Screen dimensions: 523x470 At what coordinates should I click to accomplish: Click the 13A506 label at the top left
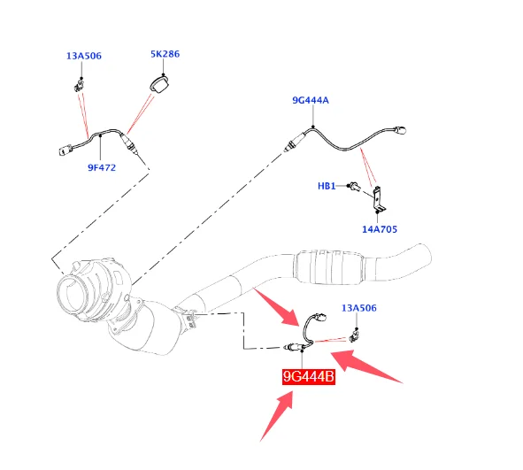click(84, 56)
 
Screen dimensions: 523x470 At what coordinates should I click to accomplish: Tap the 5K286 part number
click(165, 54)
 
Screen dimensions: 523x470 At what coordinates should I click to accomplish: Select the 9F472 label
click(102, 167)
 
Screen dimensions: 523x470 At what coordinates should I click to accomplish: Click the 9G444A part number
click(311, 100)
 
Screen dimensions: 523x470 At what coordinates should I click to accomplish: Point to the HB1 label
click(327, 186)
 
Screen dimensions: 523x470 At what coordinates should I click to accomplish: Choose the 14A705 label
click(380, 229)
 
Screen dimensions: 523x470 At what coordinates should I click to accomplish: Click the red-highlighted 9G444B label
click(309, 377)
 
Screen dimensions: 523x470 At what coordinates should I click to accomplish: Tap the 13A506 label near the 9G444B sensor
click(359, 308)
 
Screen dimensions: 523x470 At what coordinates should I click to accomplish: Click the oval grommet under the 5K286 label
click(158, 84)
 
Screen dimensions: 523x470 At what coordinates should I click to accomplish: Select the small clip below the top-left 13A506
click(79, 84)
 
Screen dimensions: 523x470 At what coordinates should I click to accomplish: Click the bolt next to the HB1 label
click(354, 187)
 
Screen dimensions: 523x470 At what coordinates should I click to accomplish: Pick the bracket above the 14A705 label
click(380, 199)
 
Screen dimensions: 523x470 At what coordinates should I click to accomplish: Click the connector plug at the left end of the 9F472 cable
click(65, 150)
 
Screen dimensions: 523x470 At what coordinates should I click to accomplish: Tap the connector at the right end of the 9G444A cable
click(400, 130)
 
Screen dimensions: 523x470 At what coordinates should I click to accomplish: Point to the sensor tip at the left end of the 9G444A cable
click(288, 147)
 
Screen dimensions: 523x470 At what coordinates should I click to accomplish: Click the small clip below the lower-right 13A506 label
click(354, 335)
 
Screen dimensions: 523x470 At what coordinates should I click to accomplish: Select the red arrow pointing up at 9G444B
click(277, 416)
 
